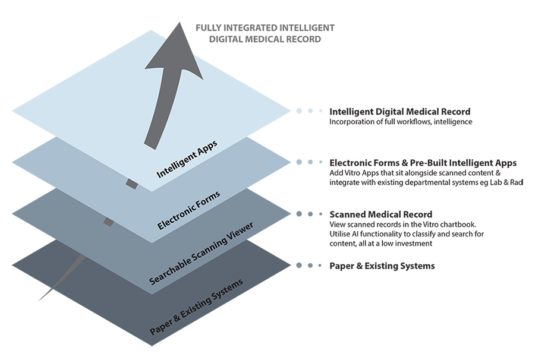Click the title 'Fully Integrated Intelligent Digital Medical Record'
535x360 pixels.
coord(266,33)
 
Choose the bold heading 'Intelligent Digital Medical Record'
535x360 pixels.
coord(399,111)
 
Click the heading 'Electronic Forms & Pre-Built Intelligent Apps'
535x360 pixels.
coord(423,162)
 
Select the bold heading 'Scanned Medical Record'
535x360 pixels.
coord(380,214)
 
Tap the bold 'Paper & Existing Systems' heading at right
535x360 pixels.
coord(382,266)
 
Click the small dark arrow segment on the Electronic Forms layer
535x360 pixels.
coord(131,185)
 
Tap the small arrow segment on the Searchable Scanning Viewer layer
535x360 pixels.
coord(109,222)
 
